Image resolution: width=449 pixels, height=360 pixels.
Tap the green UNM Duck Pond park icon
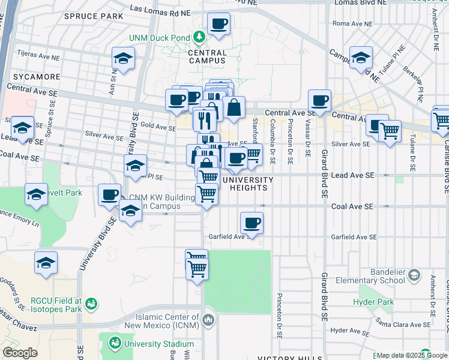(x=199, y=38)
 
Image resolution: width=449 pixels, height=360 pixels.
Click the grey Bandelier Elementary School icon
(x=414, y=275)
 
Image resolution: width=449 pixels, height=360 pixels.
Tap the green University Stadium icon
(x=114, y=344)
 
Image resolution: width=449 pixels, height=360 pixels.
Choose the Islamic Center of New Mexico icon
(x=208, y=318)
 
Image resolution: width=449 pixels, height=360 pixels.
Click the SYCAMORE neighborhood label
(x=34, y=77)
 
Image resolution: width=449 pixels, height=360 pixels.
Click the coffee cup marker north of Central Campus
(x=218, y=24)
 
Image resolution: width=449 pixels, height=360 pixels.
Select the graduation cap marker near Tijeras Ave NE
(x=123, y=59)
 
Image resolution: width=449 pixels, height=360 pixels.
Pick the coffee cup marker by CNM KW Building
(x=110, y=195)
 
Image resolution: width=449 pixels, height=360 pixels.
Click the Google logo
(x=20, y=352)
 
